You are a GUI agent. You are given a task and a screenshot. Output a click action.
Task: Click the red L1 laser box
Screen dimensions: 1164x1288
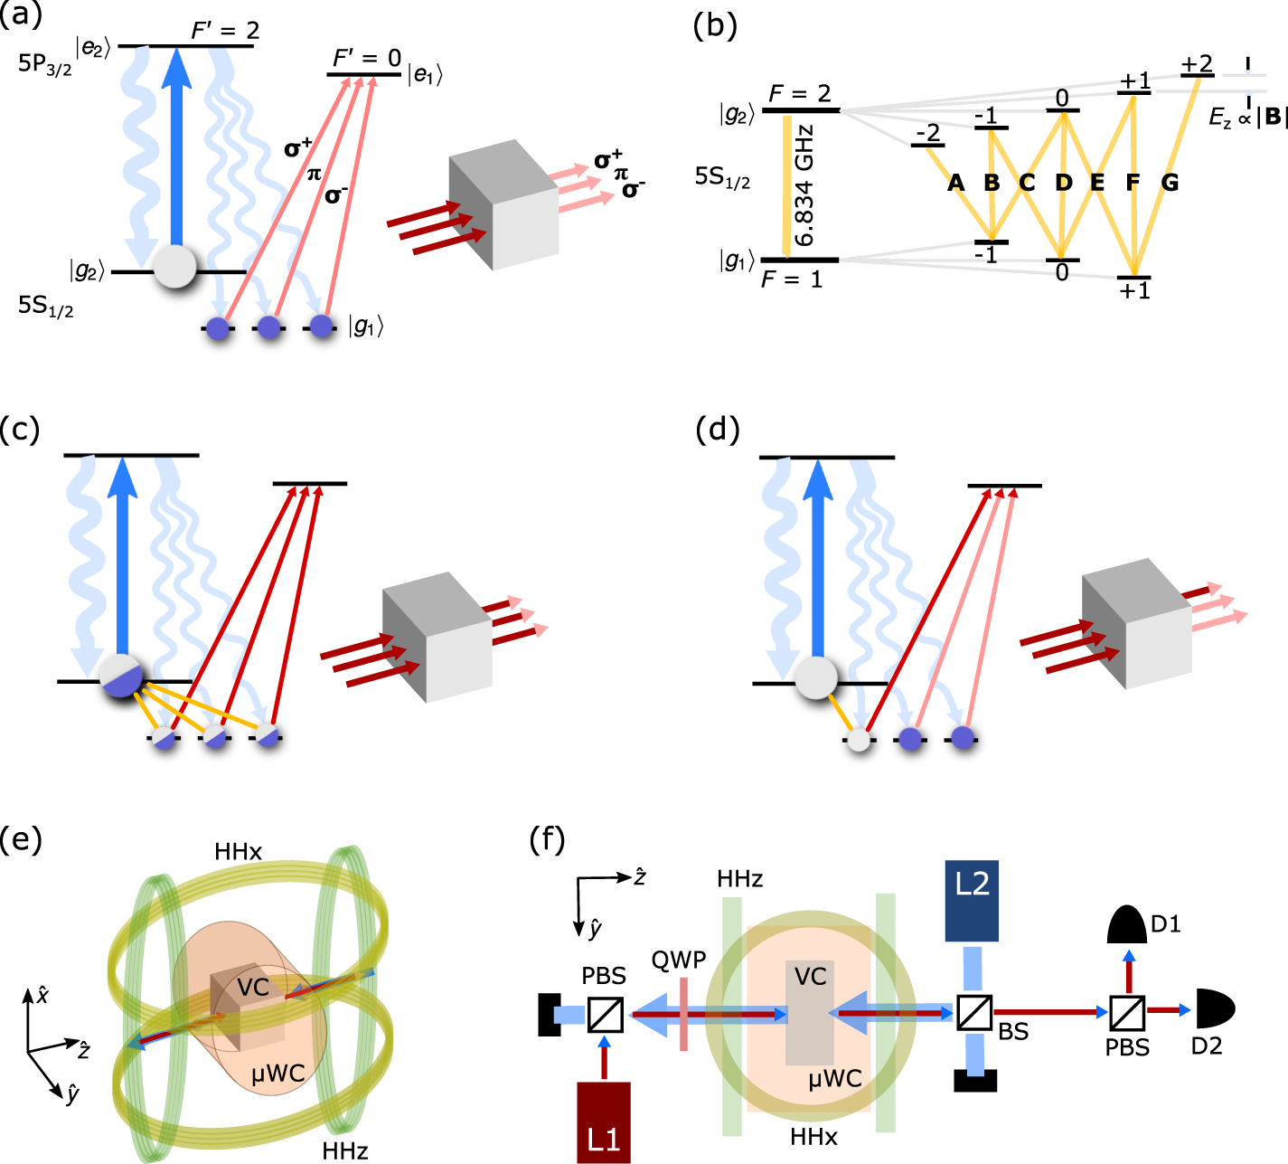click(x=603, y=1121)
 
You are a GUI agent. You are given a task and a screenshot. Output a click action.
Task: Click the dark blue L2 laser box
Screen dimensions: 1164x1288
click(x=972, y=901)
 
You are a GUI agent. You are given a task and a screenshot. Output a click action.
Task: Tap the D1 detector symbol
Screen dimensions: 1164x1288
click(x=1127, y=923)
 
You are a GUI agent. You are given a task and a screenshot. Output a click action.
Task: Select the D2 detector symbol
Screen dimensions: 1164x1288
click(x=1214, y=1008)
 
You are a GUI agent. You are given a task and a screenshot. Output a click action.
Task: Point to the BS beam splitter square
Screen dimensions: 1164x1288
click(x=974, y=1012)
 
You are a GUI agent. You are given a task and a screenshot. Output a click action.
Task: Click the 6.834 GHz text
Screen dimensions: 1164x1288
click(x=804, y=185)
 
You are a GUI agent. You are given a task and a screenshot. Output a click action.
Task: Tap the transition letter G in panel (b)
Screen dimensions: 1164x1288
click(x=1170, y=183)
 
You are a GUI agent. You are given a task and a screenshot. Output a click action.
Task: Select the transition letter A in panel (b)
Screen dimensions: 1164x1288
click(x=955, y=183)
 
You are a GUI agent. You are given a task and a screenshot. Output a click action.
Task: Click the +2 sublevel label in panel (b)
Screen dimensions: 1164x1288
click(x=1197, y=63)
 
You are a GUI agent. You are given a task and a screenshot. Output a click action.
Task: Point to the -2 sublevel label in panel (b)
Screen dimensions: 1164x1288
click(x=927, y=134)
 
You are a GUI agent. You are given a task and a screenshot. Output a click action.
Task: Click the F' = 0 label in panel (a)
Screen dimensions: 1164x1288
click(x=366, y=58)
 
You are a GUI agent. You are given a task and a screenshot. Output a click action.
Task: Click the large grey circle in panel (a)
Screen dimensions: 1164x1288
click(x=174, y=267)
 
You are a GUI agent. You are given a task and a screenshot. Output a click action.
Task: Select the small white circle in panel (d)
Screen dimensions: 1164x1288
click(x=858, y=739)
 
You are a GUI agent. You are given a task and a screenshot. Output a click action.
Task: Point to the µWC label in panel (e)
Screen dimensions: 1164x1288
click(x=277, y=1074)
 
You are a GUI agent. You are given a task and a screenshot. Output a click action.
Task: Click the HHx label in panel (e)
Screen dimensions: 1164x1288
click(x=238, y=851)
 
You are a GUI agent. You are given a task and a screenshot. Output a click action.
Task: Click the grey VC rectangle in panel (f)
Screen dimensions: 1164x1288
click(x=810, y=1011)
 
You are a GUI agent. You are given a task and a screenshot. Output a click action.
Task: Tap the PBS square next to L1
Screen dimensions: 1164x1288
click(x=605, y=1014)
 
